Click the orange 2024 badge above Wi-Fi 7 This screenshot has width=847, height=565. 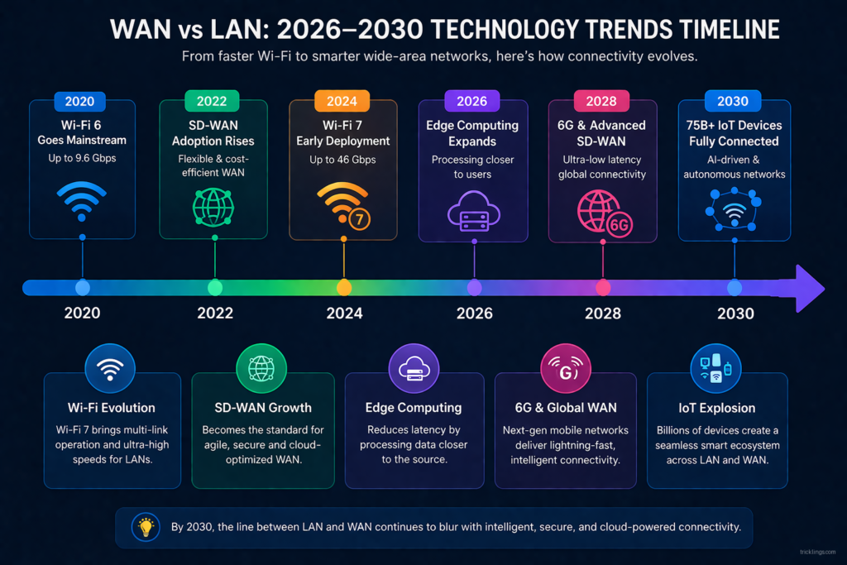coord(342,101)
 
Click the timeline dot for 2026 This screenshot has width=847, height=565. coord(474,288)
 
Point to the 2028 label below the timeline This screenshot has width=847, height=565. coord(604,314)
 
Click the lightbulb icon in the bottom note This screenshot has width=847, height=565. coord(146,526)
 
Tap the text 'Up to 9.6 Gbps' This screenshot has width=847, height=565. coord(82,158)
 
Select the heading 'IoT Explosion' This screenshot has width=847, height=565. coord(717,407)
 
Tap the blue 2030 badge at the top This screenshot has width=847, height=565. coord(734,101)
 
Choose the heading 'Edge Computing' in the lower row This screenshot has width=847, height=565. coord(413,407)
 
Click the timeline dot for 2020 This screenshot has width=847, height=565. coord(83,288)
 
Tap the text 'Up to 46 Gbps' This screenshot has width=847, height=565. coord(342,158)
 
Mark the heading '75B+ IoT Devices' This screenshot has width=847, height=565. coord(734,126)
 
